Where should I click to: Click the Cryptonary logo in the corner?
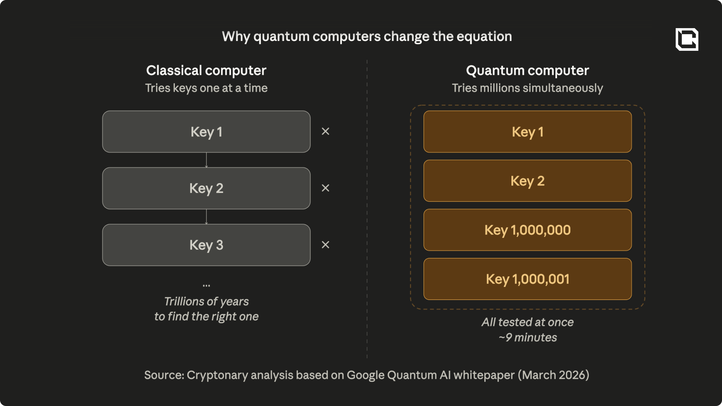pyautogui.click(x=687, y=39)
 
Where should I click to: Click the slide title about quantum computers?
pyautogui.click(x=367, y=37)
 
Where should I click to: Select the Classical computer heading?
pyautogui.click(x=206, y=70)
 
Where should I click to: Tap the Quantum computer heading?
pyautogui.click(x=527, y=71)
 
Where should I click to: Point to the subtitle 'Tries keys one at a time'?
pyautogui.click(x=206, y=88)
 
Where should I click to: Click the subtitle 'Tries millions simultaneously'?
pyautogui.click(x=527, y=88)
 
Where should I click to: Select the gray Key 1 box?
pyautogui.click(x=206, y=132)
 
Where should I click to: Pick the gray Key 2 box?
pyautogui.click(x=206, y=188)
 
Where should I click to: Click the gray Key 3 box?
pyautogui.click(x=206, y=245)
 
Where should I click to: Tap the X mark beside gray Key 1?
pyautogui.click(x=326, y=131)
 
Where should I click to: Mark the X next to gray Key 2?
pyautogui.click(x=326, y=188)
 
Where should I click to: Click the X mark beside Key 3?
pyautogui.click(x=326, y=245)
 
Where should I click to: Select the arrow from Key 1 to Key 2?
pyautogui.click(x=206, y=160)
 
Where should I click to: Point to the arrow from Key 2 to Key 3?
pyautogui.click(x=206, y=217)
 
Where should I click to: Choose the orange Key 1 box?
pyautogui.click(x=528, y=132)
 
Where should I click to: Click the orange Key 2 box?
pyautogui.click(x=528, y=181)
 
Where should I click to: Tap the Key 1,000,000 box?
pyautogui.click(x=528, y=230)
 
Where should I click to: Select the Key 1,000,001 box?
pyautogui.click(x=528, y=279)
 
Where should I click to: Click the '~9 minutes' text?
pyautogui.click(x=528, y=338)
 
